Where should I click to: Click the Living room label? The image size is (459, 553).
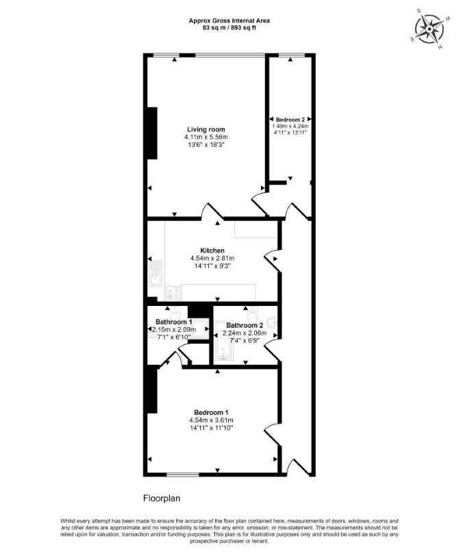coord(206,129)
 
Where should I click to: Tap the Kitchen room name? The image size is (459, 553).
coord(212,250)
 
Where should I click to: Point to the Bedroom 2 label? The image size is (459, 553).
coord(290,120)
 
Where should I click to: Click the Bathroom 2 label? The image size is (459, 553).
coord(245,325)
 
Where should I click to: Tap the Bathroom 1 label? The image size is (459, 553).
coord(174,322)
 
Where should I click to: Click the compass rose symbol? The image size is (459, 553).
coord(430,29)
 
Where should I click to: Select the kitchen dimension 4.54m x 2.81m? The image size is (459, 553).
coord(212,259)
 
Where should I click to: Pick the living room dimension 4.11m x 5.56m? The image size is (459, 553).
coord(206,137)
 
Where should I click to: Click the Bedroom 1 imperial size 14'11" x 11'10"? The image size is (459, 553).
coord(211,428)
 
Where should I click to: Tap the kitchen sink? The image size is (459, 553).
coord(156,274)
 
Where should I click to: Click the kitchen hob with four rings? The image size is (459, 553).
coord(174,293)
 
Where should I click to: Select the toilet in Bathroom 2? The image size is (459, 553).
coord(253,312)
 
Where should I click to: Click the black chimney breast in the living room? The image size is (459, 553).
coord(152,133)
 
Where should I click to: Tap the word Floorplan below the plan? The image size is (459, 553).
coord(162,498)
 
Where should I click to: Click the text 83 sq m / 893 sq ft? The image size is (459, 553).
coord(229,27)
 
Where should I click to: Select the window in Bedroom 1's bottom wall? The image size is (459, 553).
coord(183,475)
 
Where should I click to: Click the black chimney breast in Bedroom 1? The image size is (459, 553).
coord(152,389)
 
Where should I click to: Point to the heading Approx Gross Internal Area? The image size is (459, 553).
coord(229,21)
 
